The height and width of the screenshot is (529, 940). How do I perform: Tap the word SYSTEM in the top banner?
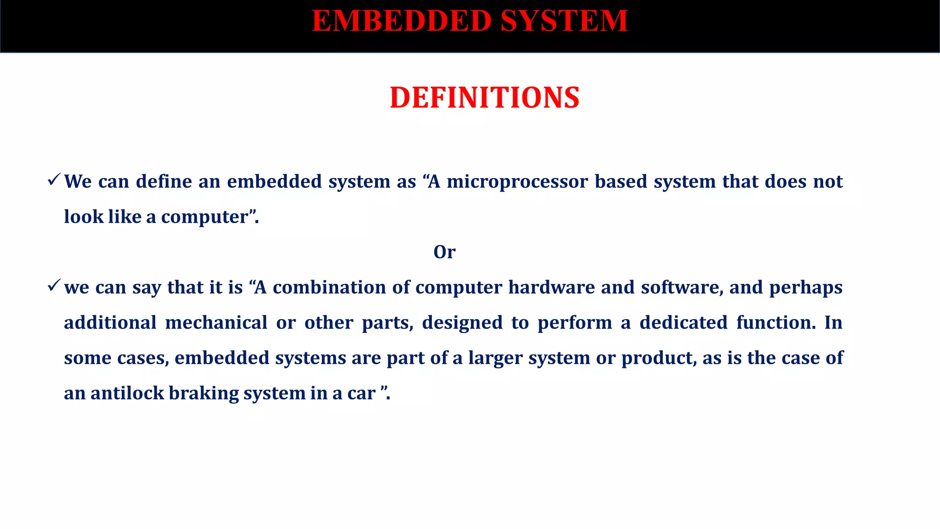click(564, 21)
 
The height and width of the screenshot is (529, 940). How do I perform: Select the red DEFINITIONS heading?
click(485, 98)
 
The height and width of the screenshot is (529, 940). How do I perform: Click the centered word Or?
click(444, 252)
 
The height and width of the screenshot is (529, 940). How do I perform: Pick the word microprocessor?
click(517, 182)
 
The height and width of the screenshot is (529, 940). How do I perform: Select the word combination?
click(329, 287)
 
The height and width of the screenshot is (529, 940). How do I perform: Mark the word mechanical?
click(216, 323)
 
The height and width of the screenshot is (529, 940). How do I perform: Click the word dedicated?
click(683, 323)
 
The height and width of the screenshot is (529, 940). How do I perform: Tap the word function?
click(776, 323)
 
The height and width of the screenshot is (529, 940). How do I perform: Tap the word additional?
click(110, 323)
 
